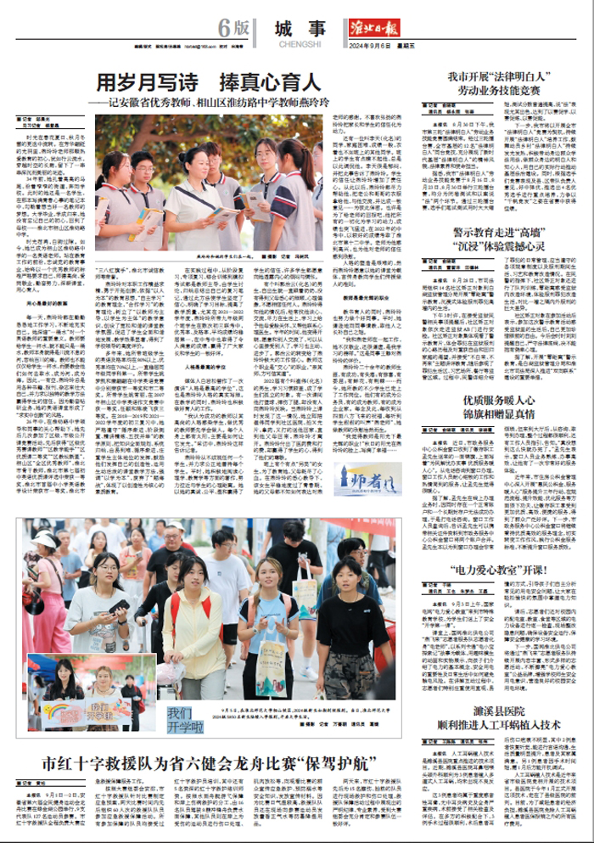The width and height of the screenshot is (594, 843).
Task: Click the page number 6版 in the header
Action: (x=235, y=28)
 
